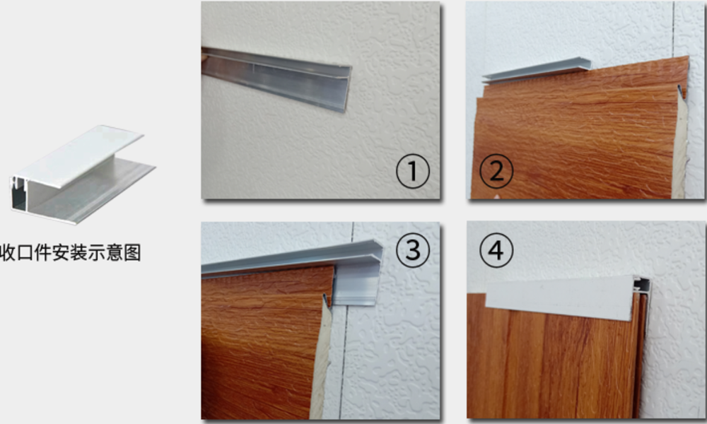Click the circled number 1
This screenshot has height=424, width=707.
413,171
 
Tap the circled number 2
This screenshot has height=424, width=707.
496,171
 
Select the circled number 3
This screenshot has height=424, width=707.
413,251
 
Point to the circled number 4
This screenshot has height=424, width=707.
496,251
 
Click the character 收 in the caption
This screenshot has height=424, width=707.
8,252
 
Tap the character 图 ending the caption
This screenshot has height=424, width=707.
132,252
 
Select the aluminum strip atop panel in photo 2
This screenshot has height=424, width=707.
537,70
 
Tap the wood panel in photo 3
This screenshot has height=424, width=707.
264,343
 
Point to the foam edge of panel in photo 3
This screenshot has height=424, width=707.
322,360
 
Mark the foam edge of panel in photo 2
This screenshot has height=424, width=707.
680,144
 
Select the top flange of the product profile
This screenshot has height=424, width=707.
79,155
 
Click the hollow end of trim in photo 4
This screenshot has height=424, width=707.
642,284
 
